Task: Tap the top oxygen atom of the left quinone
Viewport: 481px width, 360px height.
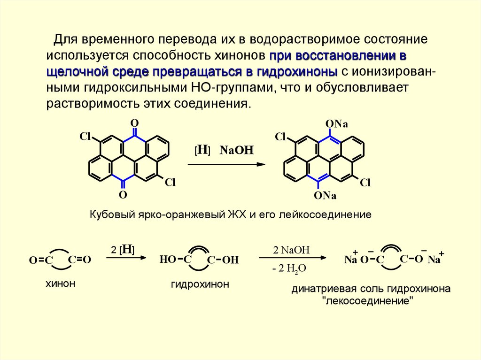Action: click(x=134, y=123)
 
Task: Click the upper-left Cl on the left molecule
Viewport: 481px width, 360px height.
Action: click(x=85, y=137)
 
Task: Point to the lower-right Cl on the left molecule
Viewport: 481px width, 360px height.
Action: click(x=170, y=182)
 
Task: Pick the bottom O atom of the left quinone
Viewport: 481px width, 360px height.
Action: click(x=123, y=194)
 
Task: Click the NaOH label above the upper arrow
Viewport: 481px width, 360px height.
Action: click(x=237, y=151)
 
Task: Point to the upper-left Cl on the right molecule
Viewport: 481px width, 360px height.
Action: click(x=280, y=137)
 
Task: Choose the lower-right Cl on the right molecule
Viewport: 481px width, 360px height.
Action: click(x=365, y=183)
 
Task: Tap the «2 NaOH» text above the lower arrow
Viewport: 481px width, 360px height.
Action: click(x=291, y=250)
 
